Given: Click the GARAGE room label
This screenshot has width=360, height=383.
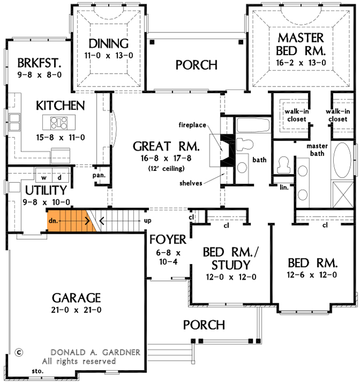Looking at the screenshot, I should pyautogui.click(x=76, y=298).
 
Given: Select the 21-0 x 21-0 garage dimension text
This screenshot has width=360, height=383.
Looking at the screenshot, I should pyautogui.click(x=76, y=310).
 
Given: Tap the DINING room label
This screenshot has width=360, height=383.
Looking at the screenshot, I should pyautogui.click(x=108, y=43).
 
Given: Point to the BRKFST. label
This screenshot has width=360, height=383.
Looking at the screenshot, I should pyautogui.click(x=39, y=63).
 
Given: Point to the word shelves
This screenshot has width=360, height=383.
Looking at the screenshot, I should pyautogui.click(x=191, y=182).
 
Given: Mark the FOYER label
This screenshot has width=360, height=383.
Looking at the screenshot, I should pyautogui.click(x=168, y=240).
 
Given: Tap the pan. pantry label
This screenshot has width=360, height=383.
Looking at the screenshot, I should pyautogui.click(x=99, y=175).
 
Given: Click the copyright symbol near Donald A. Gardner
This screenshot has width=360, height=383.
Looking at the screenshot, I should pyautogui.click(x=19, y=353).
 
